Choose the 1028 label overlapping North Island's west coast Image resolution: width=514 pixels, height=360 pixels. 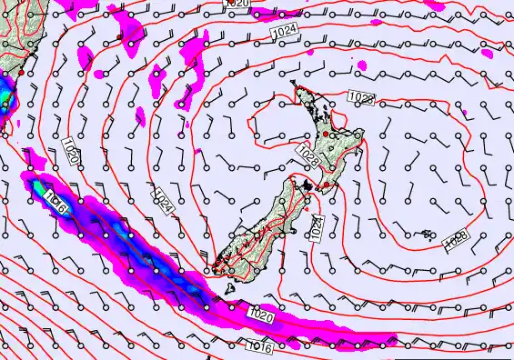[x=307, y=156]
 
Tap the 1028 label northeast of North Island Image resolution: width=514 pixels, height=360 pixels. [x=361, y=98]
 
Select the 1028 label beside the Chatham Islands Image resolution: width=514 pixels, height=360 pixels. [x=456, y=240]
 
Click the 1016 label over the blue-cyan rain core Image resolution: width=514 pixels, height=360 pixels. [x=55, y=205]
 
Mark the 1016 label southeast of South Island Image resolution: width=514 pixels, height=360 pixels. [x=259, y=346]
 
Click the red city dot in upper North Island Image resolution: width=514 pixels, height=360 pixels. [x=326, y=134]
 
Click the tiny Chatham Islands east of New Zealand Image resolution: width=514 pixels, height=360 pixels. [x=428, y=235]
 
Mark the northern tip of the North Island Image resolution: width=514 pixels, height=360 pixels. [x=294, y=85]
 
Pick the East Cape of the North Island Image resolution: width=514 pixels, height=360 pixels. [x=361, y=135]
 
